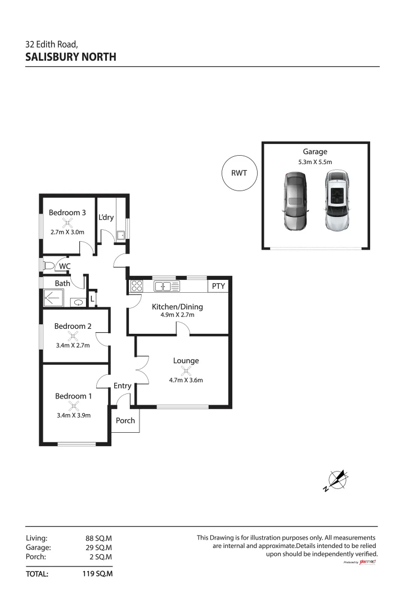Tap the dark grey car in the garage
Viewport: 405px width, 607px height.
click(295, 201)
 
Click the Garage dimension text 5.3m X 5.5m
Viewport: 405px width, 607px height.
click(315, 162)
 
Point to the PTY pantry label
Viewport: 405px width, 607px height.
click(218, 287)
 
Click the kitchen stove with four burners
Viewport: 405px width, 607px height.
click(137, 287)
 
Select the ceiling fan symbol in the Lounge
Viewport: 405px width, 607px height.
click(186, 371)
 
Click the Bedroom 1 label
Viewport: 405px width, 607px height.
click(73, 396)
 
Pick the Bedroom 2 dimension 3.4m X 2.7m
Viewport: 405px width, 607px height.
click(73, 346)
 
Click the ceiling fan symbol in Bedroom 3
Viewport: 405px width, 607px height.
click(67, 223)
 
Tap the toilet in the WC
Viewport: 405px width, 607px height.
click(48, 266)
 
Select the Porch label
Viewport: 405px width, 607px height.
click(125, 420)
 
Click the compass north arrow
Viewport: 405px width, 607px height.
click(337, 479)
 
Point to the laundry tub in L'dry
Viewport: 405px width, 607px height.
click(121, 234)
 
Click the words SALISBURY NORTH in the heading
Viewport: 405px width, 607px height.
click(71, 57)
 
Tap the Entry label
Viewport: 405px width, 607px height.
click(122, 386)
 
